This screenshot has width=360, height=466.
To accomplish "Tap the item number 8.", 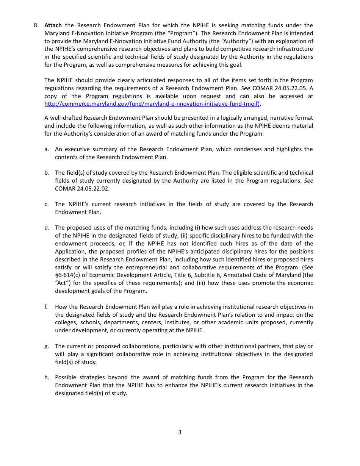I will point(36,25).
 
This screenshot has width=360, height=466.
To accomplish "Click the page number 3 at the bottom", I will point(180,432).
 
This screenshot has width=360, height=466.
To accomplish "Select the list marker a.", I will point(47,149).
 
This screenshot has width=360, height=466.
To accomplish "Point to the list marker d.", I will point(47,228).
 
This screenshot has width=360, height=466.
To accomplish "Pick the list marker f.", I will point(46,307).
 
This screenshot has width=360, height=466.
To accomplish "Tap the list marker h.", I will point(47,377).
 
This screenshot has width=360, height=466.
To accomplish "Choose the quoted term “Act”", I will point(63,283).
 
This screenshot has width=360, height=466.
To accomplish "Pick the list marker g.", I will point(47,346).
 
